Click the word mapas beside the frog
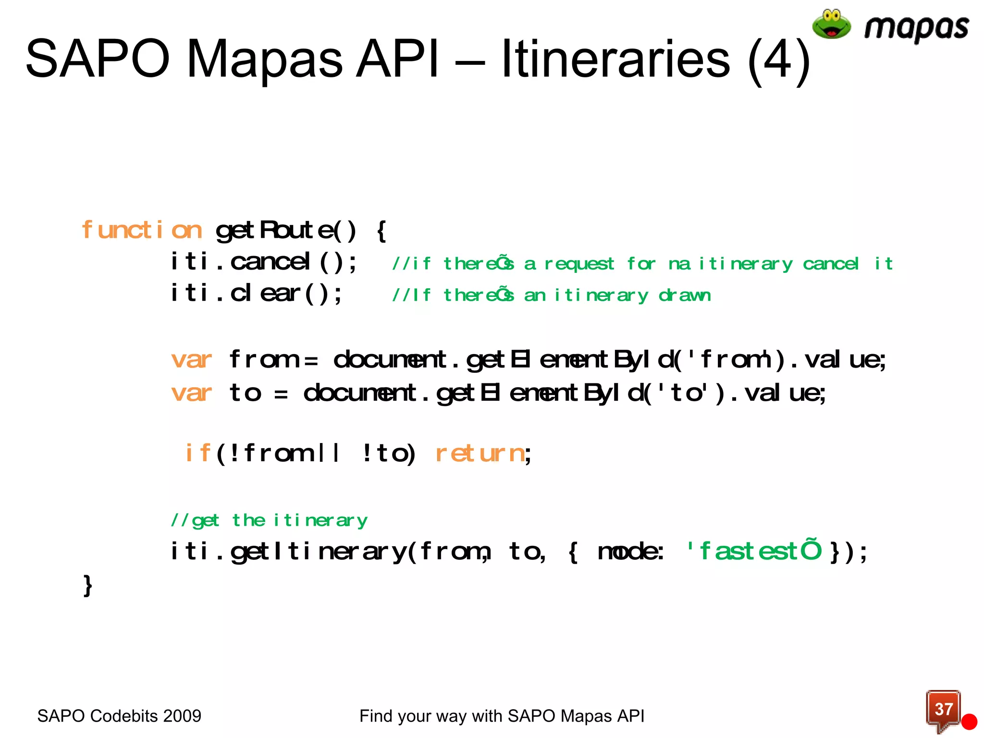click(x=916, y=28)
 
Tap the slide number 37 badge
click(x=943, y=709)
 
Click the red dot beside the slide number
click(x=969, y=722)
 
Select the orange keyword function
click(x=142, y=230)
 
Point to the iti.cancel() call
click(x=264, y=262)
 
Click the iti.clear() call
click(x=257, y=294)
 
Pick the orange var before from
click(x=191, y=360)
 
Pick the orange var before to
click(x=191, y=393)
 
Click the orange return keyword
click(x=480, y=453)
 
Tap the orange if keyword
click(x=197, y=453)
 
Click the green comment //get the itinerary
click(x=269, y=520)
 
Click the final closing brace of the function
click(x=87, y=586)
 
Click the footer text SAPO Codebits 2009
click(x=119, y=716)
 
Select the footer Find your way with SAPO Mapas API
click(x=502, y=716)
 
